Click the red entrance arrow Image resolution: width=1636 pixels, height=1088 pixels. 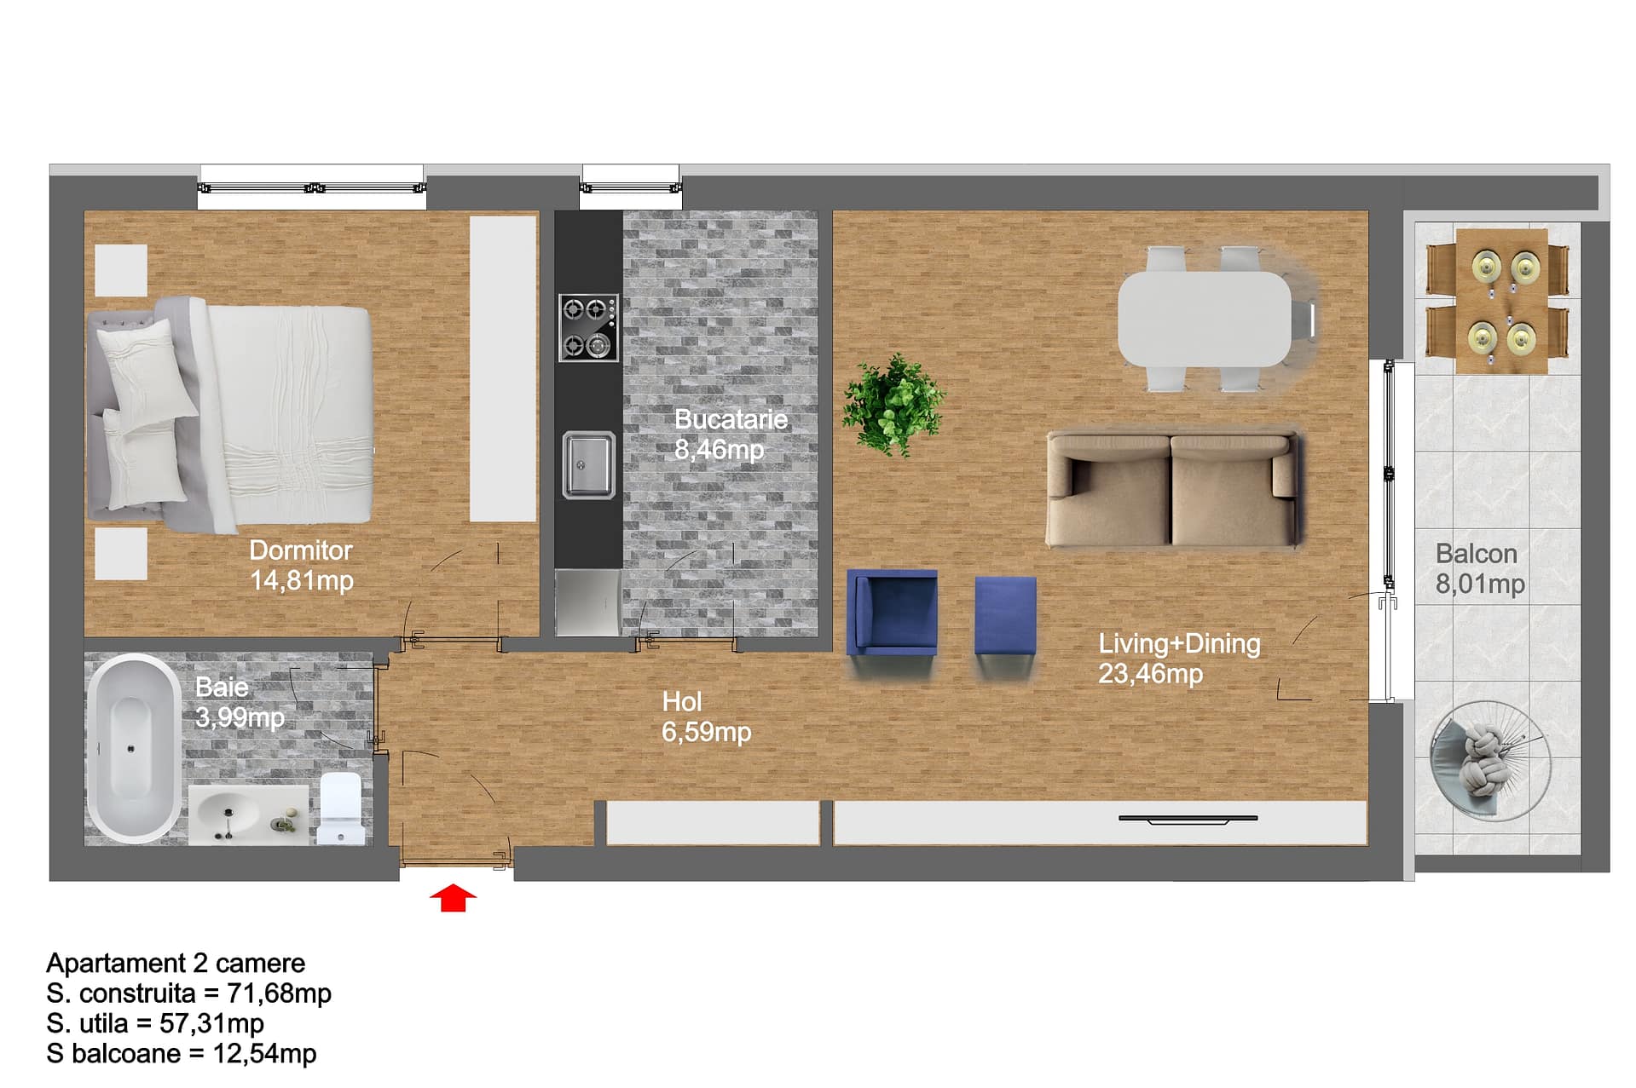coord(453,898)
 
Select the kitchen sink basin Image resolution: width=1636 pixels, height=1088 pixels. coord(588,465)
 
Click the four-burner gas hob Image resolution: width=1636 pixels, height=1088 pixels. coord(588,327)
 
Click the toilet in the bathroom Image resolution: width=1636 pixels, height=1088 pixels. coord(340,808)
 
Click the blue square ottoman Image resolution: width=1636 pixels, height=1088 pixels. coord(1006,615)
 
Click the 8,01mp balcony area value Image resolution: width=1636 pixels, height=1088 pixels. coord(1480,584)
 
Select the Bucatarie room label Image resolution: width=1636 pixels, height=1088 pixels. coord(731,419)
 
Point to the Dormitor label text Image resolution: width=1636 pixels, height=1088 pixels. coord(300,550)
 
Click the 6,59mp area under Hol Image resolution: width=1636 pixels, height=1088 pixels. coord(706,732)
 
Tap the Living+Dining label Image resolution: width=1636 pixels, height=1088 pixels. coord(1179,643)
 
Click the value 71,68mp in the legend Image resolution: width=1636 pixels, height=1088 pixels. coord(279,993)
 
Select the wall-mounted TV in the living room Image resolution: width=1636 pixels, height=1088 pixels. coord(1188,820)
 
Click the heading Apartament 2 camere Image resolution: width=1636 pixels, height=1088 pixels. coord(176,963)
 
